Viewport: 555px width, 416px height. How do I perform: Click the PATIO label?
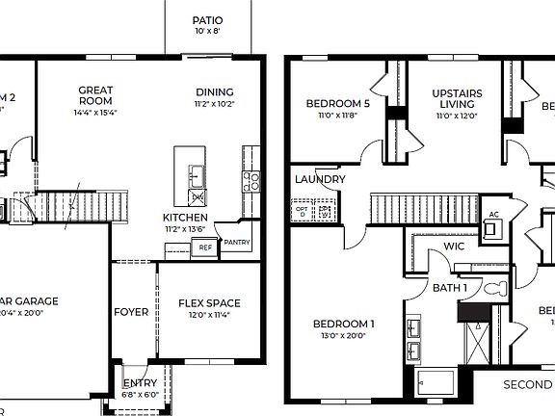click(x=208, y=19)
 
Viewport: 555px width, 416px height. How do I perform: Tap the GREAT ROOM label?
click(x=95, y=95)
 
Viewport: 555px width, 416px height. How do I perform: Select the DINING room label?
click(x=214, y=92)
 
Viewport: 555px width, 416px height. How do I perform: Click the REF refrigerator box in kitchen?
click(x=204, y=247)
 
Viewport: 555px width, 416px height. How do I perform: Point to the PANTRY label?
click(x=236, y=243)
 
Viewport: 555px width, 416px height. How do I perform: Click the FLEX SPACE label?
click(x=209, y=303)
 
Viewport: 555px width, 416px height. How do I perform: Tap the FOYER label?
click(x=131, y=312)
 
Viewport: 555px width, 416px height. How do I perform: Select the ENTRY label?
click(x=140, y=383)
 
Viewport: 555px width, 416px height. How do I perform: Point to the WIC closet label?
click(x=455, y=247)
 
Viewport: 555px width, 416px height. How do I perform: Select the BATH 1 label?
click(x=450, y=288)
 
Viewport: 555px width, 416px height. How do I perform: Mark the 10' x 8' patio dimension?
click(x=208, y=31)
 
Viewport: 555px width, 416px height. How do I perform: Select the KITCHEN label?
click(x=185, y=218)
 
